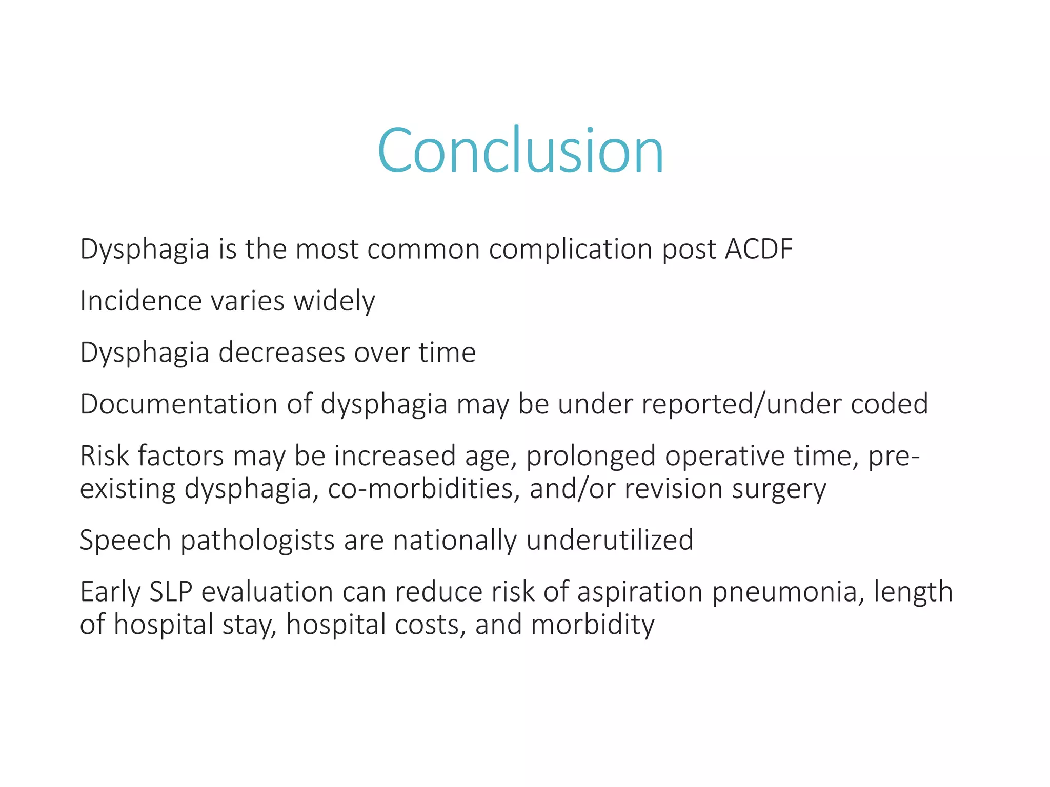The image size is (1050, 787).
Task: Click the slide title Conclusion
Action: [x=520, y=151]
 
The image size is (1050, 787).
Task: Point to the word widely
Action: [x=334, y=302]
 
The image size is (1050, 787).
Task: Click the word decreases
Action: [x=281, y=353]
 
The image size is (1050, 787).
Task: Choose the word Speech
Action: [x=125, y=541]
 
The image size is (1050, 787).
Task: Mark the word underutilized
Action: [x=609, y=540]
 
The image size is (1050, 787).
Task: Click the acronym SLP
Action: [x=171, y=592]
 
